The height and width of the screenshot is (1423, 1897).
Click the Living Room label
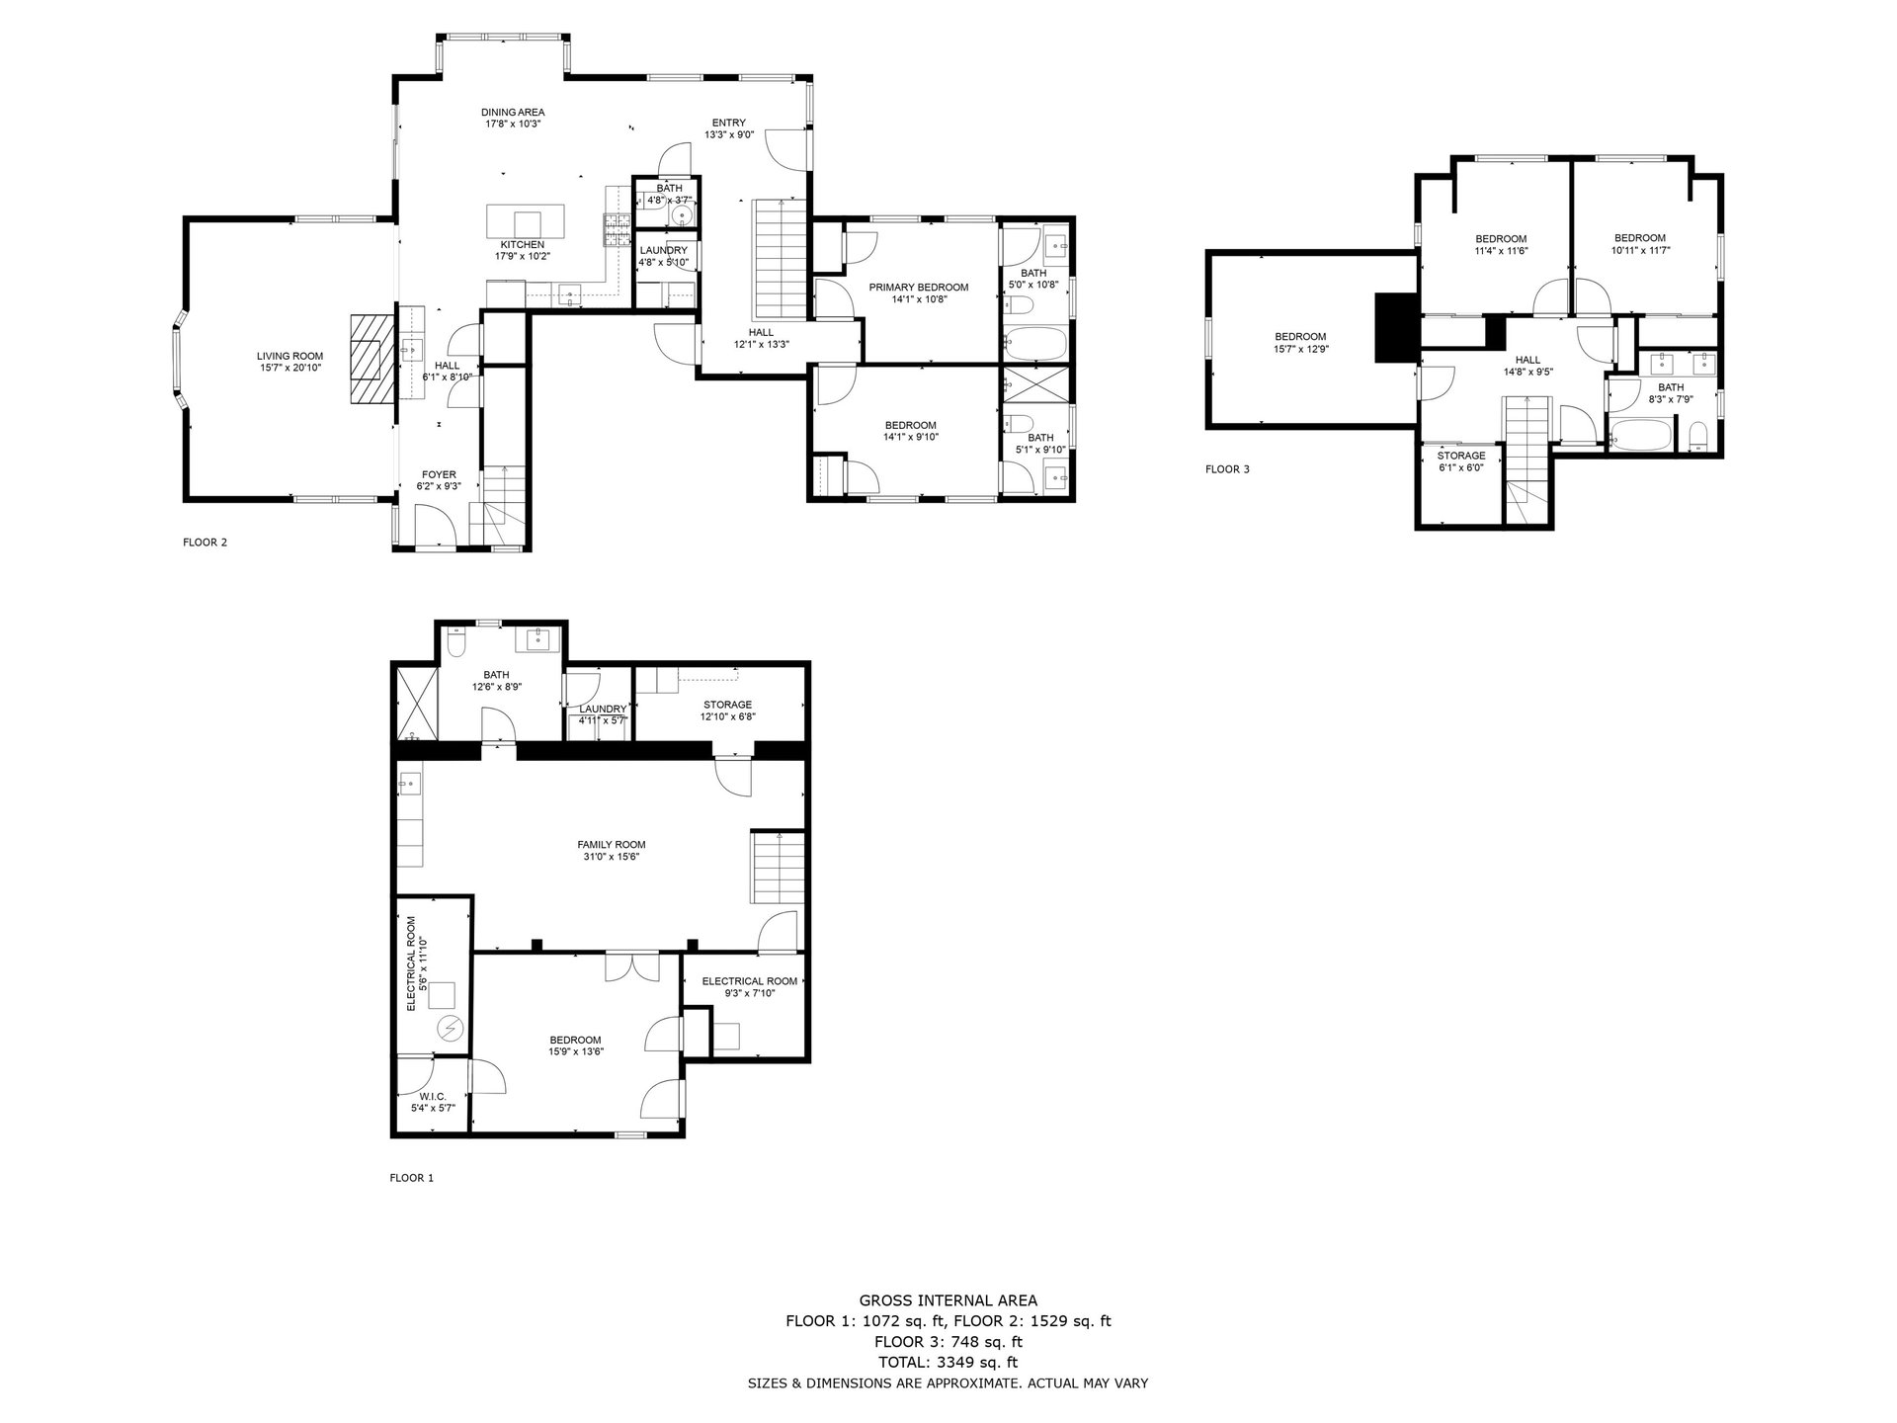tap(289, 362)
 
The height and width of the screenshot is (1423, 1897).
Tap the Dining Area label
tap(513, 118)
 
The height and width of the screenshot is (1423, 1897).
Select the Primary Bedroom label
tap(919, 293)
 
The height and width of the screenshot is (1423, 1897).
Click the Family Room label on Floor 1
tap(612, 850)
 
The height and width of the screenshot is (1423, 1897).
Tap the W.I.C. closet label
tap(433, 1103)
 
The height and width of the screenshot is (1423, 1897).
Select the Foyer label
tap(439, 480)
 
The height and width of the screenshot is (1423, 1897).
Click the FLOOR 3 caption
tap(1227, 469)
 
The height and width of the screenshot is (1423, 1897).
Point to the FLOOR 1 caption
tap(412, 1178)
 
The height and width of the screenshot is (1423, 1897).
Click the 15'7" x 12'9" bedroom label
tap(1300, 342)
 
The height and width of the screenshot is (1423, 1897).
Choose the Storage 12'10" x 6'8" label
tap(727, 711)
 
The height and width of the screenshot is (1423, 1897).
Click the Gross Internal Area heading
tap(948, 1300)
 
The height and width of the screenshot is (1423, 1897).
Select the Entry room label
tap(729, 128)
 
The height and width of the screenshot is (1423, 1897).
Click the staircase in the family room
tap(779, 867)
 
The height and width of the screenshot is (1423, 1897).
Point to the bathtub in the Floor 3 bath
tap(1640, 435)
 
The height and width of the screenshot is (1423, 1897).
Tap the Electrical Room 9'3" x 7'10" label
tap(750, 987)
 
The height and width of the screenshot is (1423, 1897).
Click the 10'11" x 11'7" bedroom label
tap(1640, 244)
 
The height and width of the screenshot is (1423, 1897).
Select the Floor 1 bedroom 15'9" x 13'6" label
tap(576, 1046)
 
